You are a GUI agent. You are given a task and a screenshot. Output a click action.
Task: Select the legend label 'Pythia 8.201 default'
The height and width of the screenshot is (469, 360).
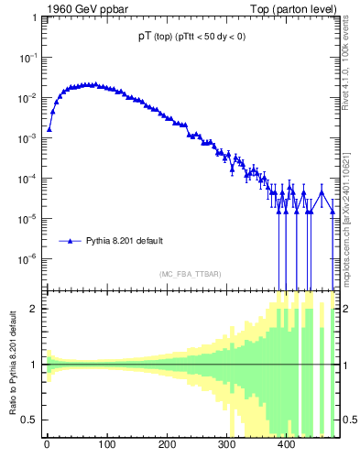click(125, 241)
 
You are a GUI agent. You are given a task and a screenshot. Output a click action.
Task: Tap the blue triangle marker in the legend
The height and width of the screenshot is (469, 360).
click(70, 241)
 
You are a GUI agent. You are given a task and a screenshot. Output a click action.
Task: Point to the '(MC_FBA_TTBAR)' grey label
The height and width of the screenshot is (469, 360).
click(190, 274)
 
